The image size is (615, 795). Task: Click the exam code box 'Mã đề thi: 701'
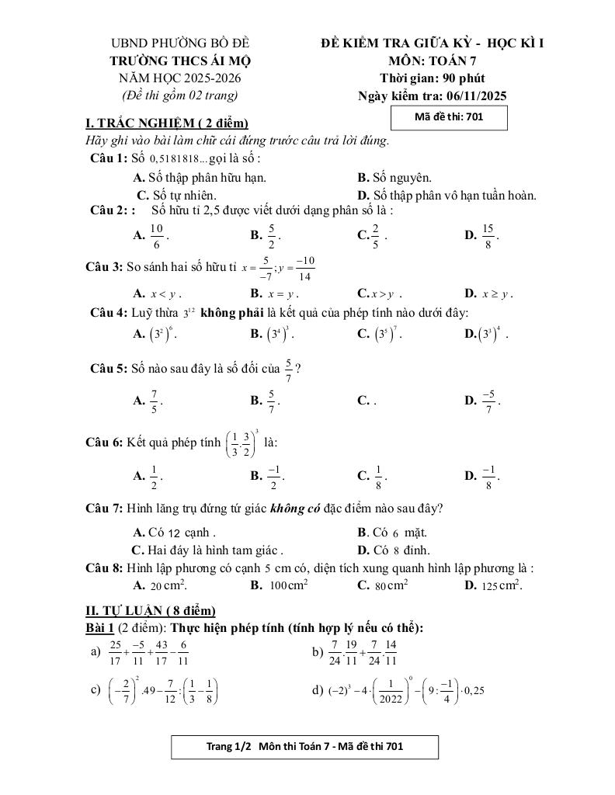pos(450,117)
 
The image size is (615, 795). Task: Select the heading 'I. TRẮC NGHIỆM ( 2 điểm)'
pos(166,123)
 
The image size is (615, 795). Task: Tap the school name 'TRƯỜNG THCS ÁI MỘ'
pos(180,61)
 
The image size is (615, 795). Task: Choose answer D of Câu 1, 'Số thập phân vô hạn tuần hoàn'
pos(446,196)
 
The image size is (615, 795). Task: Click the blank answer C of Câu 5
pos(367,401)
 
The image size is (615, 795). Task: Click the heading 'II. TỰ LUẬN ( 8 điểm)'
pos(150,611)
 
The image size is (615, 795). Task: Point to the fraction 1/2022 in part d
pos(398,690)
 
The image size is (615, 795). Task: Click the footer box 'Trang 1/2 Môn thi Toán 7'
pos(304,747)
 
